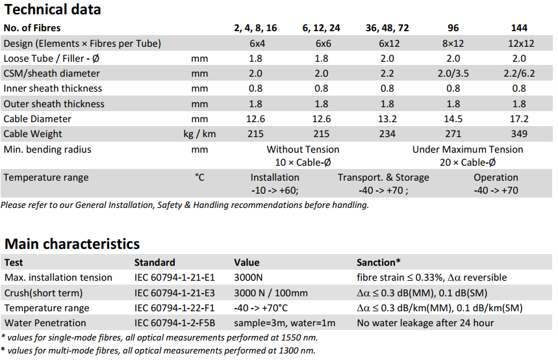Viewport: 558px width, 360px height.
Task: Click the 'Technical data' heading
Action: (x=53, y=10)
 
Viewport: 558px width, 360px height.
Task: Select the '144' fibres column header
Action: (x=519, y=28)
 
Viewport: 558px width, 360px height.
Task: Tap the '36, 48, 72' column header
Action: (x=387, y=28)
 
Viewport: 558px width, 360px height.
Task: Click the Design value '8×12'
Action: (x=454, y=44)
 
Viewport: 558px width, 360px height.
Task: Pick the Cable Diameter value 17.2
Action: (x=519, y=119)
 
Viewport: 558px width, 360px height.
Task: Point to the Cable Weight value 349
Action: (x=519, y=134)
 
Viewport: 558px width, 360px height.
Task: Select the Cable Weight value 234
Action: (x=387, y=134)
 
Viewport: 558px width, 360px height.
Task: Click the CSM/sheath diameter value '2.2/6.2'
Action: (x=519, y=73)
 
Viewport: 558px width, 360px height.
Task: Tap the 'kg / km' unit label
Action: (x=200, y=134)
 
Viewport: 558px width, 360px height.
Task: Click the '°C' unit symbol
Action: (x=200, y=177)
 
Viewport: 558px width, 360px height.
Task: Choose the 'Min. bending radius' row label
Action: (x=47, y=149)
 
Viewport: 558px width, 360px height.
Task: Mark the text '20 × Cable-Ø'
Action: (x=468, y=162)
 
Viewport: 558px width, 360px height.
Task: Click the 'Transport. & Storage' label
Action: (x=383, y=177)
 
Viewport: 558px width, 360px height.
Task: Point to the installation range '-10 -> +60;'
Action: (x=275, y=191)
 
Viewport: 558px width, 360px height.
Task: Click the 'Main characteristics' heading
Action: (x=72, y=244)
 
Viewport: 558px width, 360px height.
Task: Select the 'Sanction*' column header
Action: (x=379, y=263)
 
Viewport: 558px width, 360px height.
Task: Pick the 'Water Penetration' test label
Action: (x=45, y=323)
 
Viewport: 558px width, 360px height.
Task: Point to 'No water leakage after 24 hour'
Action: (x=425, y=323)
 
